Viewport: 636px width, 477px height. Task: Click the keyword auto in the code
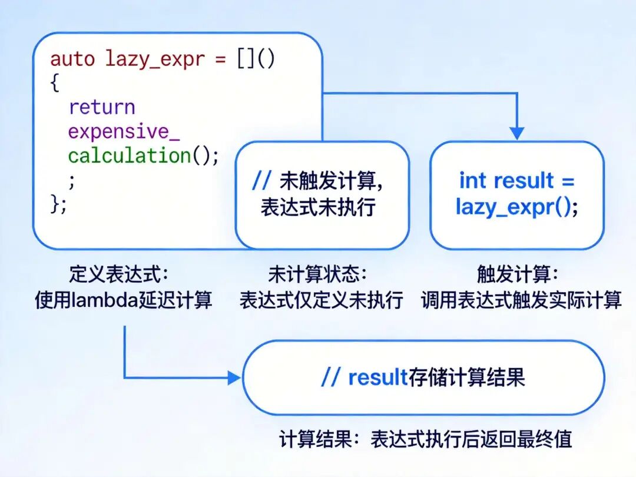pyautogui.click(x=72, y=59)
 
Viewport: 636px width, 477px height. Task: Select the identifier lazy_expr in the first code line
pyautogui.click(x=155, y=60)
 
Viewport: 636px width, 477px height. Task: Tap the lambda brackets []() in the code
pyautogui.click(x=256, y=59)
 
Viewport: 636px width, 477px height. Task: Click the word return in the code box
pyautogui.click(x=102, y=107)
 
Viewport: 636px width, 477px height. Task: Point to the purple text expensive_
pyautogui.click(x=124, y=132)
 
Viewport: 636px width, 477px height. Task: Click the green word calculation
pyautogui.click(x=129, y=156)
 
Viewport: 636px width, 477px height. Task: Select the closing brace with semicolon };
pyautogui.click(x=59, y=204)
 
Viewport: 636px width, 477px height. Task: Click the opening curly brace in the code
pyautogui.click(x=55, y=83)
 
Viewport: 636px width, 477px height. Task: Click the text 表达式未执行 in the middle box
pyautogui.click(x=318, y=207)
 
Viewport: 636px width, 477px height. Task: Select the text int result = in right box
pyautogui.click(x=516, y=181)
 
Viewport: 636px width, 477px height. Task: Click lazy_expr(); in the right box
pyautogui.click(x=516, y=207)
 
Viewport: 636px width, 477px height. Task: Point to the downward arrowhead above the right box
pyautogui.click(x=516, y=134)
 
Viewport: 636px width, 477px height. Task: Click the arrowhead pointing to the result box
pyautogui.click(x=234, y=377)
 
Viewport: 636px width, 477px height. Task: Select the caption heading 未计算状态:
pyautogui.click(x=317, y=274)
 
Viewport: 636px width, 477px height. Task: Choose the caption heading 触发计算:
pyautogui.click(x=517, y=274)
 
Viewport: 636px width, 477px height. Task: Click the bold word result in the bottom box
pyautogui.click(x=377, y=377)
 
